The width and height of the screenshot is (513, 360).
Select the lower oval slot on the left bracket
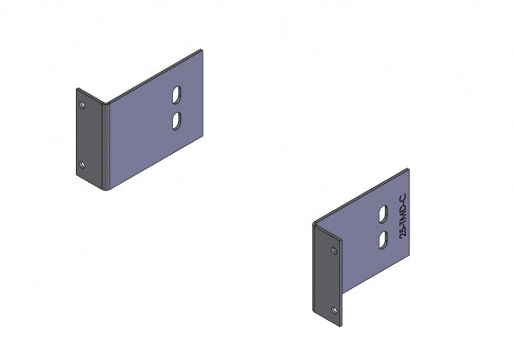(177, 121)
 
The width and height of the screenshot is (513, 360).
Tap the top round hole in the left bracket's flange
(82, 104)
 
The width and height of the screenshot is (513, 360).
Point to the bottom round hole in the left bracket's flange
(82, 164)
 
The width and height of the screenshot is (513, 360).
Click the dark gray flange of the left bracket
(89, 137)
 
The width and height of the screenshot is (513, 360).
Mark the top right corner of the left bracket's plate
(202, 50)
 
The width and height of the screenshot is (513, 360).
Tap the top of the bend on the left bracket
(103, 103)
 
